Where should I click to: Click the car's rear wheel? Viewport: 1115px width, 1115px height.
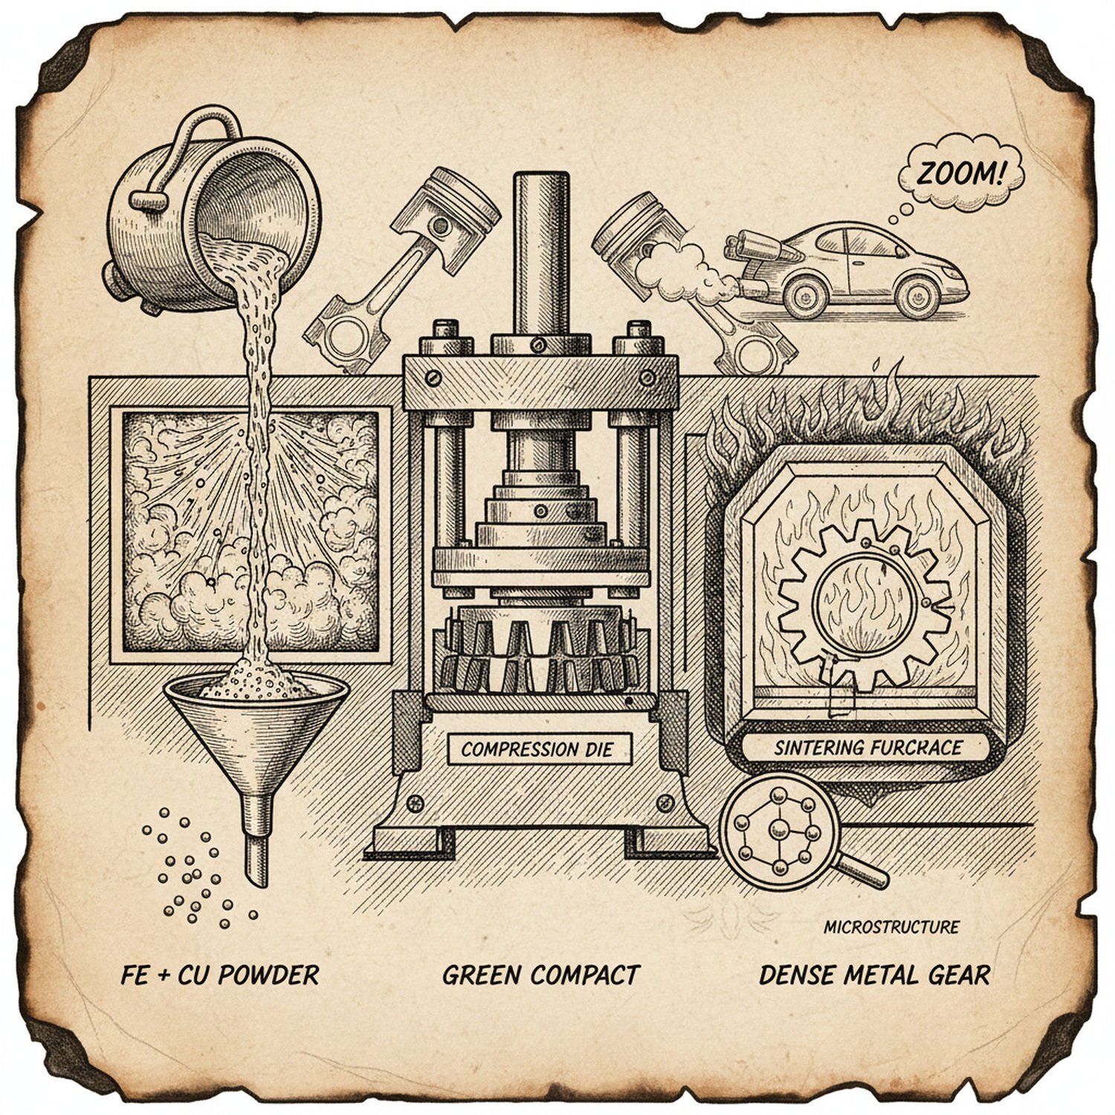point(802,292)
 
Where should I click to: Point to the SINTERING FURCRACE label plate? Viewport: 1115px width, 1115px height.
point(867,747)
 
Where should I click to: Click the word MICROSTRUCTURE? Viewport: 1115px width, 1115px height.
point(891,927)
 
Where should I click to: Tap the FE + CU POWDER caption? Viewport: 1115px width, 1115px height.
point(219,975)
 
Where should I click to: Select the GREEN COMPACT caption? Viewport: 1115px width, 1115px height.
point(540,975)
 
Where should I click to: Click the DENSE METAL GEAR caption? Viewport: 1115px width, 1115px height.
point(874,975)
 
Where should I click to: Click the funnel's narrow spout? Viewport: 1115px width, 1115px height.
point(257,840)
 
